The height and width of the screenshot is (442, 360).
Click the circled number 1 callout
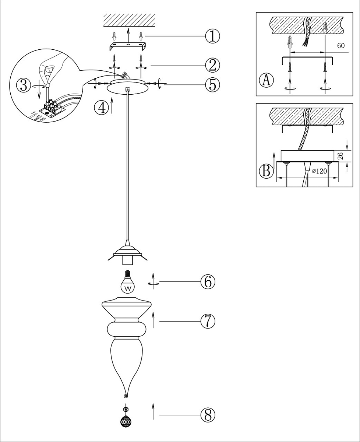pyautogui.click(x=212, y=36)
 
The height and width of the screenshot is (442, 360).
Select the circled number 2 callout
pyautogui.click(x=212, y=65)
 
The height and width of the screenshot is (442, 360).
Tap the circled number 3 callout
pyautogui.click(x=24, y=85)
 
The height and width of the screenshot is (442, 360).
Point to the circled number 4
pyautogui.click(x=101, y=108)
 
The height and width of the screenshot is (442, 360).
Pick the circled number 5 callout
pyautogui.click(x=212, y=85)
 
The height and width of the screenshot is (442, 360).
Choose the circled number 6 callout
pyautogui.click(x=208, y=282)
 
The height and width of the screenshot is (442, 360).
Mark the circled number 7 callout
pyautogui.click(x=208, y=321)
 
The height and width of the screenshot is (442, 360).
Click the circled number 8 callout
pyautogui.click(x=208, y=415)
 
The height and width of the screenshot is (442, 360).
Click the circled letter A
pyautogui.click(x=267, y=80)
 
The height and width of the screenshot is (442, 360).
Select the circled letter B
pyautogui.click(x=267, y=171)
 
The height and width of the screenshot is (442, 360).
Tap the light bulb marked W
pyautogui.click(x=127, y=282)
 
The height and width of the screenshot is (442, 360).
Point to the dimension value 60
pyautogui.click(x=341, y=46)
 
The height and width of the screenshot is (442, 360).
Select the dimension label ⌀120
pyautogui.click(x=320, y=171)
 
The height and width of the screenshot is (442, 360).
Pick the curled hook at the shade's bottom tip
pyautogui.click(x=126, y=396)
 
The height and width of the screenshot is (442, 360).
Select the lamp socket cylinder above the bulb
pyautogui.click(x=127, y=260)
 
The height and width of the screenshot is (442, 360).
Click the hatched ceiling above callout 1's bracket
pyautogui.click(x=129, y=20)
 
